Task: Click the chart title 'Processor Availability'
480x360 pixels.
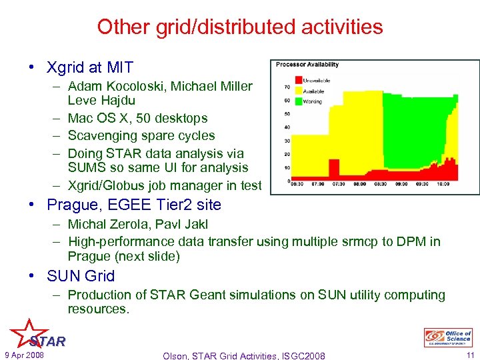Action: pos(307,65)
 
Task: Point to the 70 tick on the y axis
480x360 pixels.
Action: pos(286,87)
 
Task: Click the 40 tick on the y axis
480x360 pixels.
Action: pos(286,127)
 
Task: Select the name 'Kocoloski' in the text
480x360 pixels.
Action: pos(139,86)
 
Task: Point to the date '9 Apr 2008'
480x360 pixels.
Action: pos(23,355)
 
